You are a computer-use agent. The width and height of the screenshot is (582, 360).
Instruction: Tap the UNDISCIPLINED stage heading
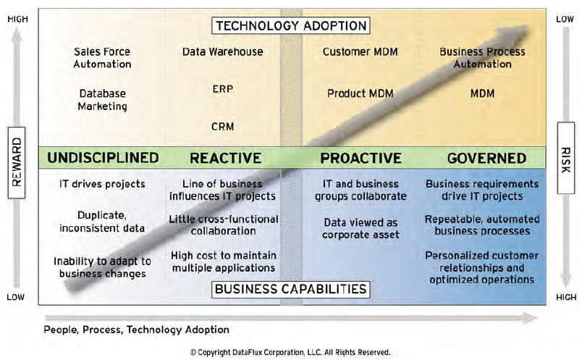click(103, 158)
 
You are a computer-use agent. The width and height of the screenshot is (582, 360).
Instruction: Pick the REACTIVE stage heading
click(225, 158)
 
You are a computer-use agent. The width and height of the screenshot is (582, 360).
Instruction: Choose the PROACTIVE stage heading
click(360, 158)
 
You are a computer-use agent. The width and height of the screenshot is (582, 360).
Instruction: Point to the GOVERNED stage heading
click(486, 158)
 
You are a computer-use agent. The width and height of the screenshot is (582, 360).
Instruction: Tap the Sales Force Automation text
click(103, 58)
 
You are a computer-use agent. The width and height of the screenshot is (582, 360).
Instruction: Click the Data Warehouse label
click(222, 52)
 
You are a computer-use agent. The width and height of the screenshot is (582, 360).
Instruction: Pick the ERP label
click(222, 89)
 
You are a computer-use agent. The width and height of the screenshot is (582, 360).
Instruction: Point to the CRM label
click(222, 127)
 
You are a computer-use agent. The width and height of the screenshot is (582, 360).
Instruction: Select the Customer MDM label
click(360, 52)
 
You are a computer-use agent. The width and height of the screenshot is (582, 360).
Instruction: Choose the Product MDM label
click(360, 93)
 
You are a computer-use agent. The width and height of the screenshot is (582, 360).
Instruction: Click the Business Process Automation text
click(482, 58)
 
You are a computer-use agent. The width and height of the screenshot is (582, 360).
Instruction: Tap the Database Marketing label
click(103, 100)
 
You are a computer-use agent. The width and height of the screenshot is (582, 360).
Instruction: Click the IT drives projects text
click(102, 184)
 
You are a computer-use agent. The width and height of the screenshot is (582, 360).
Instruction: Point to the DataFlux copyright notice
click(290, 352)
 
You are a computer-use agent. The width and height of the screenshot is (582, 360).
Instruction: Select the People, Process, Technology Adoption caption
click(136, 330)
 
